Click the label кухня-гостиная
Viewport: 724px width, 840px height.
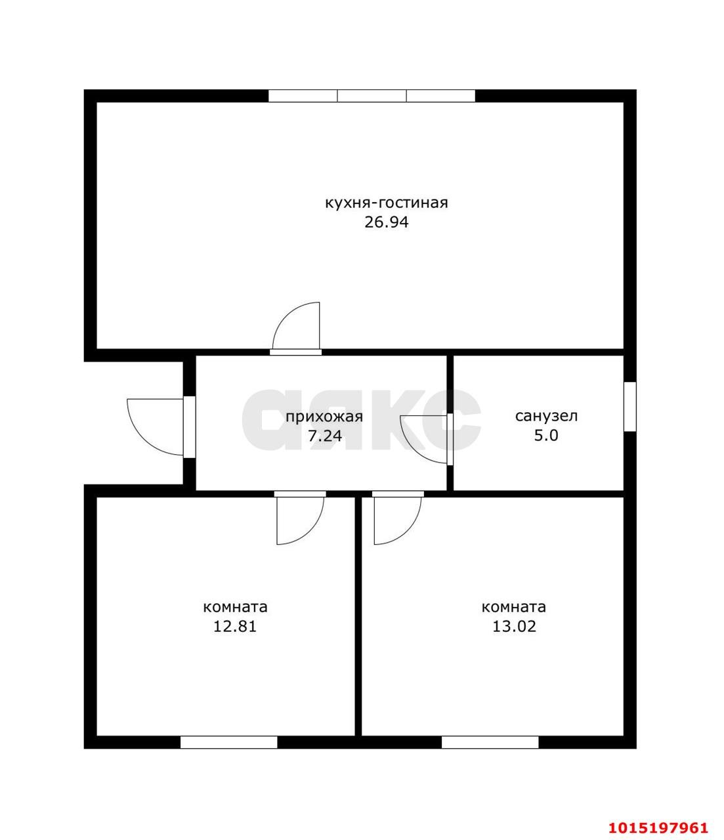point(386,203)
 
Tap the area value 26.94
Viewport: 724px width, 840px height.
point(386,222)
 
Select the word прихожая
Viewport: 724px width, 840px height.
point(324,417)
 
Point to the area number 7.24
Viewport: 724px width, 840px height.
point(325,436)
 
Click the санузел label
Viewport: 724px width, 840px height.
point(546,416)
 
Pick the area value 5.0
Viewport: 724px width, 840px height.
point(546,436)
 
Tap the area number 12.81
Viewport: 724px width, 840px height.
point(235,626)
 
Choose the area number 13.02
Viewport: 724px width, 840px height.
point(514,626)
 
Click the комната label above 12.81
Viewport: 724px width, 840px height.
point(235,608)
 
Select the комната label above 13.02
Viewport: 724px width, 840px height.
point(514,608)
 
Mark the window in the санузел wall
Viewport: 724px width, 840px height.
point(629,406)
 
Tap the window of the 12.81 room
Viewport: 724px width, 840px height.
point(229,742)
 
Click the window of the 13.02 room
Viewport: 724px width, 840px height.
point(490,742)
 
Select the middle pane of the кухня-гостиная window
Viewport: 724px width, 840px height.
point(372,96)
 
